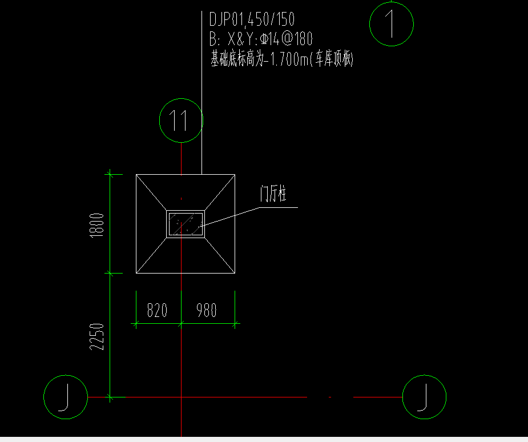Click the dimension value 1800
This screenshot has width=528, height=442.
coord(96,225)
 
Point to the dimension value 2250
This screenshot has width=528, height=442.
coord(96,336)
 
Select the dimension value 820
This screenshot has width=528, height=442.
coord(157,310)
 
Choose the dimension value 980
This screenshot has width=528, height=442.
coord(207,310)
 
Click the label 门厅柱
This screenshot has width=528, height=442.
coord(273,194)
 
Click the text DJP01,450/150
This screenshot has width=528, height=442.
coord(252,19)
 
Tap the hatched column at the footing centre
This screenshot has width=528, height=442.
coord(186,224)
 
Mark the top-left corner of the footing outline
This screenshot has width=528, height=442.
coord(136,175)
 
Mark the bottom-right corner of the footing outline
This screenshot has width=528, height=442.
coord(235,273)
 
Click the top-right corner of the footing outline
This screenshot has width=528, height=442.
coord(235,175)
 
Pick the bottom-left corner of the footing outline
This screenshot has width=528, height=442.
coord(136,273)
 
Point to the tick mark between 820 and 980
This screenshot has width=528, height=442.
coord(181,324)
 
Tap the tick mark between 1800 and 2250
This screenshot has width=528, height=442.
coord(110,273)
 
